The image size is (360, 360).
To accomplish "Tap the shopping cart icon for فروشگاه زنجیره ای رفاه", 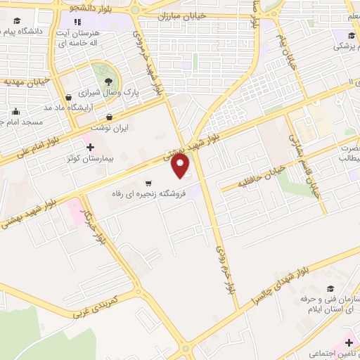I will tap(148, 183).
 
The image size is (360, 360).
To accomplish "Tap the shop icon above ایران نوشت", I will tap(109, 117).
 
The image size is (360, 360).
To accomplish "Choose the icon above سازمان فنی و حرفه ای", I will tap(330, 288).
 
